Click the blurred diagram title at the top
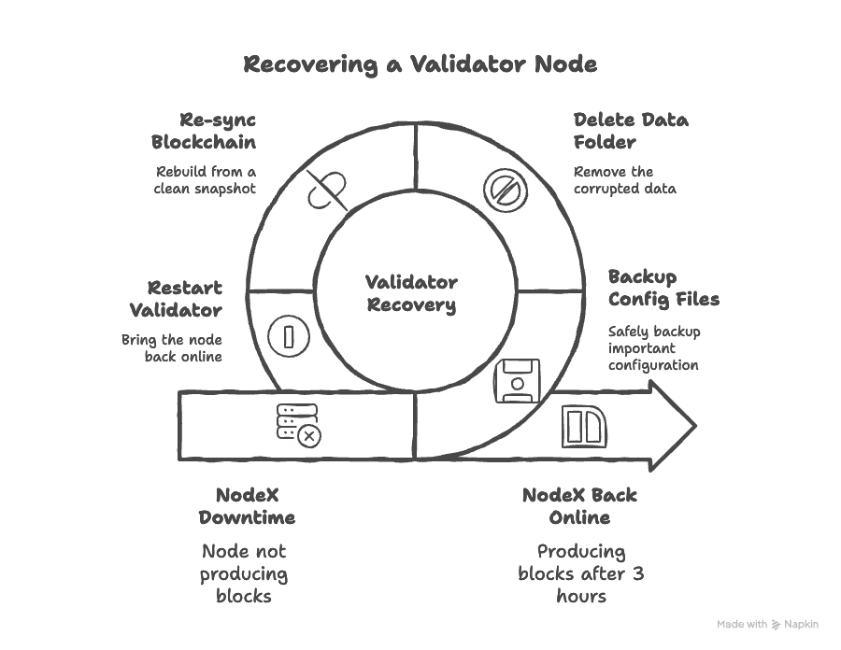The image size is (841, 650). click(417, 65)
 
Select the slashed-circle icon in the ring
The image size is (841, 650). click(506, 190)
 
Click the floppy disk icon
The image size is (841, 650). click(517, 380)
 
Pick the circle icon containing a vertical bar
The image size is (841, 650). click(289, 334)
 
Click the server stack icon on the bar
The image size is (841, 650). click(292, 421)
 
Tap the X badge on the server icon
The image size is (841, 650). click(309, 435)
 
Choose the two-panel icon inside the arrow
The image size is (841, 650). click(584, 427)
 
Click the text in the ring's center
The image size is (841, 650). click(411, 292)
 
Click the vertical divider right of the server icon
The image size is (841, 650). click(415, 425)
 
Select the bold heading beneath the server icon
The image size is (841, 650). click(246, 506)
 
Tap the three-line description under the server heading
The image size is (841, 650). click(243, 572)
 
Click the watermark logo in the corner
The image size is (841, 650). click(769, 624)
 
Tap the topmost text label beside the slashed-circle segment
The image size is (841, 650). click(631, 130)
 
